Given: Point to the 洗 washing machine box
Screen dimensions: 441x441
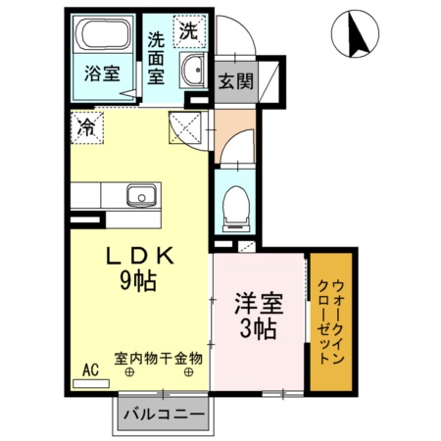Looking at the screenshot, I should (x=188, y=29).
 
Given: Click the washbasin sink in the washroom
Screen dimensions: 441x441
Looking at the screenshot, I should (x=194, y=71).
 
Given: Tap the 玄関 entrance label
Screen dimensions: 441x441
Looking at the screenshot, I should (x=235, y=81).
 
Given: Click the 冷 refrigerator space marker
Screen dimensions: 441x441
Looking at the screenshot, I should (x=87, y=126).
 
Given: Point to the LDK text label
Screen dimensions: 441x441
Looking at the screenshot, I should (x=139, y=258).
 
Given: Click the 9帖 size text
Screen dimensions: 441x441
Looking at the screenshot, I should (x=139, y=280).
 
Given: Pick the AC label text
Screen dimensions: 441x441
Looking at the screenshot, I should (x=90, y=369).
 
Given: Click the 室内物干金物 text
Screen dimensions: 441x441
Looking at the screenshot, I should (x=158, y=359).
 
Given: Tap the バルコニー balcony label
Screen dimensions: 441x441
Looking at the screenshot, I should (x=164, y=416).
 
